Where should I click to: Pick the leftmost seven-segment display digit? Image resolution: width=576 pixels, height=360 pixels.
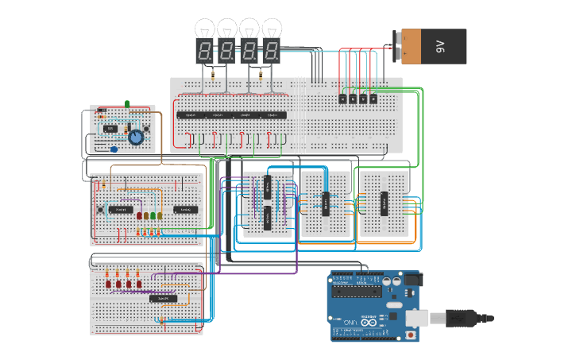click(x=205, y=52)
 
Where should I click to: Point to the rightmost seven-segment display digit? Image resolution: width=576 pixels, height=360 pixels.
click(x=273, y=52)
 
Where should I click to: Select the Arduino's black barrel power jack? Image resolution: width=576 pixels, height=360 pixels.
click(x=412, y=280)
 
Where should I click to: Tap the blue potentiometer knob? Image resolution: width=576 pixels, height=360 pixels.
click(x=136, y=137)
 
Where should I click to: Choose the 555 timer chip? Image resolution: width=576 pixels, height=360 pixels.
click(x=110, y=129)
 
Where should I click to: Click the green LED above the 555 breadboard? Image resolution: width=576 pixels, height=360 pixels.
click(x=127, y=103)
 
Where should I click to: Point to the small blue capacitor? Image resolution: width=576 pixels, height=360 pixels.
click(x=114, y=149)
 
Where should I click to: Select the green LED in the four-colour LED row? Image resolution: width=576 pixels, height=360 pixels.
click(x=153, y=215)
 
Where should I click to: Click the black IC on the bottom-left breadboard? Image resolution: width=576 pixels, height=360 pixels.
click(x=164, y=298)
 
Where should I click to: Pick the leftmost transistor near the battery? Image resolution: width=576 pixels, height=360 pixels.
click(x=342, y=99)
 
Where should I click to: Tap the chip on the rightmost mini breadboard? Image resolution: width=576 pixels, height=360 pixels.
click(x=385, y=203)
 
